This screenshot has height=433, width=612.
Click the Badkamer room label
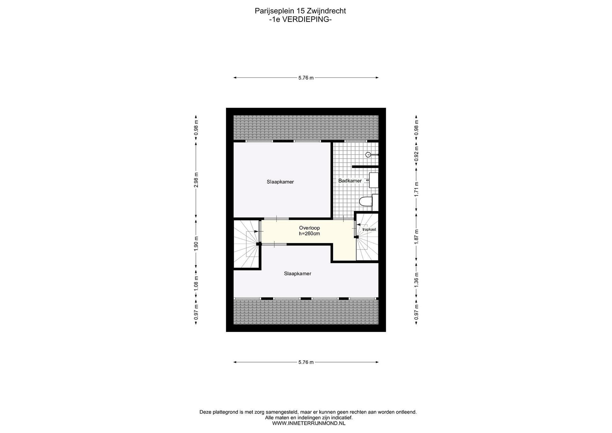click(x=350, y=181)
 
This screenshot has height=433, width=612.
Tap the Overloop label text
click(x=309, y=228)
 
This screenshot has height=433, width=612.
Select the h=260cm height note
click(x=309, y=234)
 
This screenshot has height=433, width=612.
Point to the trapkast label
click(x=369, y=229)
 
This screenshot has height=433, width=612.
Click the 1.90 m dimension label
click(x=196, y=243)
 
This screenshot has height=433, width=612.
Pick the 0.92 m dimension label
click(x=416, y=154)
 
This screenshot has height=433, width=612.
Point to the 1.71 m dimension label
click(x=416, y=189)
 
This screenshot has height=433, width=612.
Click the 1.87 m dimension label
click(x=416, y=236)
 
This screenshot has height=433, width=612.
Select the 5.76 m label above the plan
click(x=306, y=78)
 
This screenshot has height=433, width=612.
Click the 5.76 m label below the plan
click(x=306, y=362)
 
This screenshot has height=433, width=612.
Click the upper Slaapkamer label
click(x=280, y=182)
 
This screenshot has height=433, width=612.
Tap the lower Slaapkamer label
click(x=297, y=274)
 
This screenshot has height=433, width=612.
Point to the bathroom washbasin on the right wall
click(x=373, y=180)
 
